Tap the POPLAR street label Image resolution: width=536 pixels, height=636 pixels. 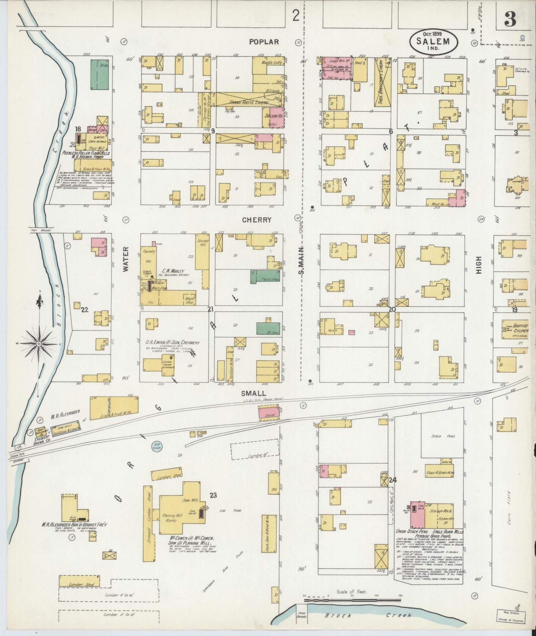coord(264,42)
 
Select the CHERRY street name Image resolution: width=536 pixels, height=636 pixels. coord(257,220)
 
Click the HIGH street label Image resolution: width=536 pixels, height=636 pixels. coord(479,265)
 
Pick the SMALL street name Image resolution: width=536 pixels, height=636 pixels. coord(253,393)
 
